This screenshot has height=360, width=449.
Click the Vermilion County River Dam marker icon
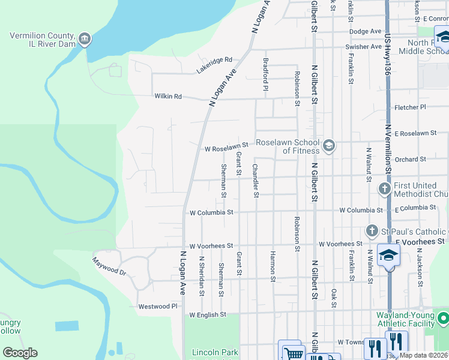pyautogui.click(x=85, y=40)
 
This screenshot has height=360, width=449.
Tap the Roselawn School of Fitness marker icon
pyautogui.click(x=328, y=146)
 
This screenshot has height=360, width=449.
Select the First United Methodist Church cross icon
pyautogui.click(x=385, y=189)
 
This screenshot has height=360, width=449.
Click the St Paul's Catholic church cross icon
pyautogui.click(x=372, y=231)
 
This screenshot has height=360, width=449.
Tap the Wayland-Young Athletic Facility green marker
pyautogui.click(x=443, y=318)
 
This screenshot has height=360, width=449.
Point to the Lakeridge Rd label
pyautogui.click(x=214, y=66)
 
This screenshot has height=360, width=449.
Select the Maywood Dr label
pyautogui.click(x=109, y=266)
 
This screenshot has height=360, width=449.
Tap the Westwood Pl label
pyautogui.click(x=158, y=306)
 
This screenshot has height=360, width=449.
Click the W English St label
pyautogui.click(x=207, y=314)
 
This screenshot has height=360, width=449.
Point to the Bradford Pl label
pyautogui.click(x=265, y=74)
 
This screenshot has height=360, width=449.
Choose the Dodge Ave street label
pyautogui.click(x=366, y=31)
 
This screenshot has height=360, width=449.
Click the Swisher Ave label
pyautogui.click(x=363, y=47)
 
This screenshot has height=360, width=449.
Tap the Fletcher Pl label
pyautogui.click(x=410, y=107)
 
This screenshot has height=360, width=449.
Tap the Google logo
pyautogui.click(x=20, y=353)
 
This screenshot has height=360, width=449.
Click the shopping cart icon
pyautogui.click(x=294, y=354)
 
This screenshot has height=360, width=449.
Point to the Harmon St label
pyautogui.click(x=273, y=266)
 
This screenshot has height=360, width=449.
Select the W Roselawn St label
pyautogui.click(x=226, y=147)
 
